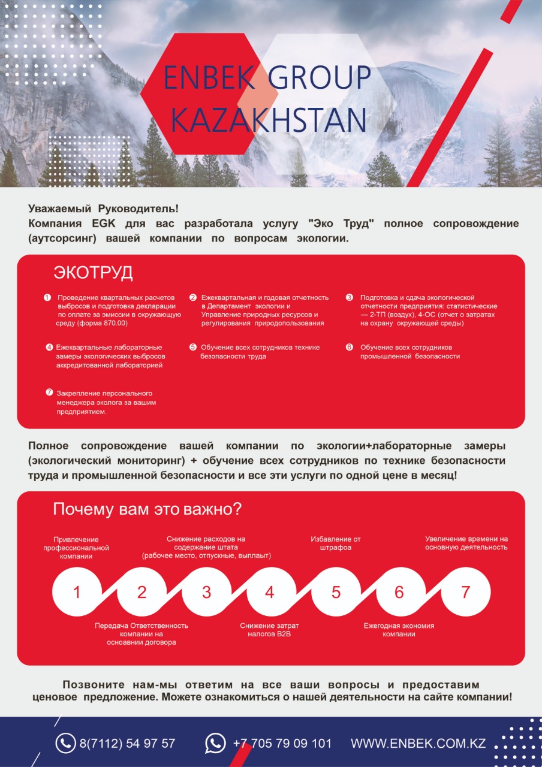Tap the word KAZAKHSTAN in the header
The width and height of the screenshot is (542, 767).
[269, 119]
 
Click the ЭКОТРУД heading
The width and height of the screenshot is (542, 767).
[93, 273]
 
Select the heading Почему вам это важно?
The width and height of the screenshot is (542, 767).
[147, 509]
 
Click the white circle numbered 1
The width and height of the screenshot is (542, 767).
[77, 592]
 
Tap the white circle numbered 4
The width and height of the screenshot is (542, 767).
[270, 592]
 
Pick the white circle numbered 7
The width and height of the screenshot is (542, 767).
[465, 592]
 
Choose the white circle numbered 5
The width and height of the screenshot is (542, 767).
[336, 592]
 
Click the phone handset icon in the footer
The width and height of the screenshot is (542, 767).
[65, 743]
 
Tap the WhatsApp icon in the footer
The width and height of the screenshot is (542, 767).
[215, 743]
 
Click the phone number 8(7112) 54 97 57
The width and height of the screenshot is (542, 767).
[127, 744]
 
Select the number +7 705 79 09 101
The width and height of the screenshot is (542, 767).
[282, 744]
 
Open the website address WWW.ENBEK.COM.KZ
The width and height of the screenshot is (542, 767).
[418, 744]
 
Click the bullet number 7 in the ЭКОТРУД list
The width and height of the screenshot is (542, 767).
[50, 392]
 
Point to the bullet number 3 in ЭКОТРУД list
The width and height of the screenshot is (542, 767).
[350, 297]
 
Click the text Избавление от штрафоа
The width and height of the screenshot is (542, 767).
[336, 543]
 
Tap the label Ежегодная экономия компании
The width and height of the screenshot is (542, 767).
[399, 630]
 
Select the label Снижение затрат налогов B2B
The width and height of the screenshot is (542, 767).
[269, 630]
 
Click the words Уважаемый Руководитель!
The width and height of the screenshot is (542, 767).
[104, 209]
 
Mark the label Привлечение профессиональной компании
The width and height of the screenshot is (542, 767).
[76, 548]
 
